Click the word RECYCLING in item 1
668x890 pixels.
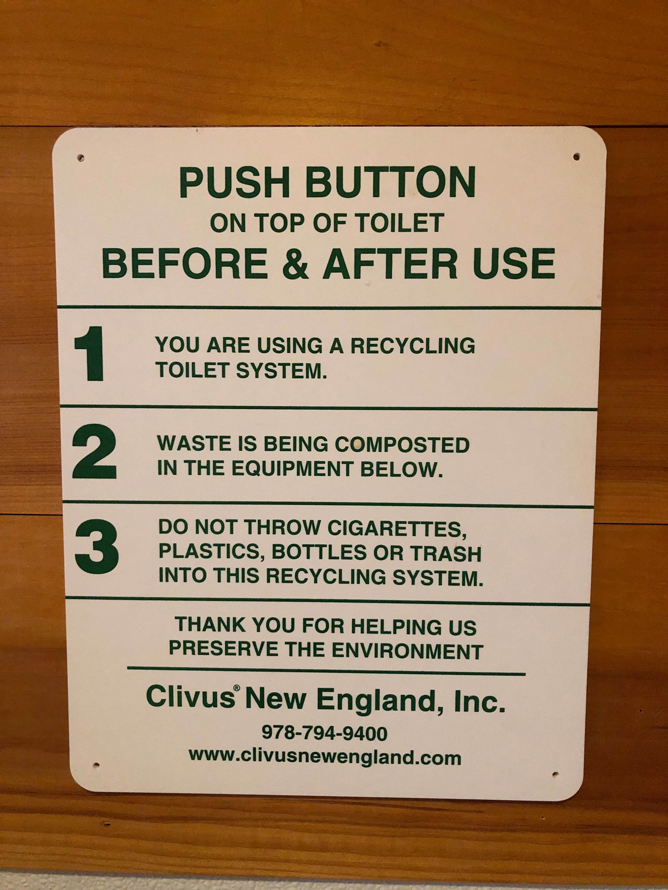(412, 346)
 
